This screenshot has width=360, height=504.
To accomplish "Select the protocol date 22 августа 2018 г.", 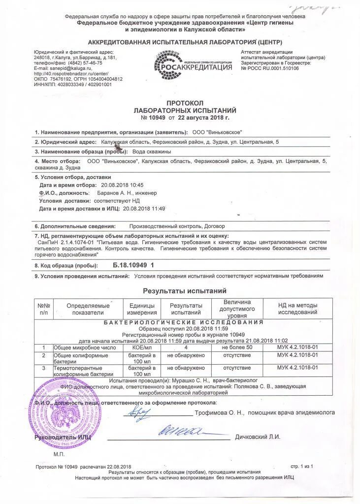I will [203, 118].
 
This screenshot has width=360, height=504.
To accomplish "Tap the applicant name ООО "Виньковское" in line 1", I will [217, 132].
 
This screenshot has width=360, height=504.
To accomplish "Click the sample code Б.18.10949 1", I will [133, 265].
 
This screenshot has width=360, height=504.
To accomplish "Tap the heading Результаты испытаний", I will [184, 291].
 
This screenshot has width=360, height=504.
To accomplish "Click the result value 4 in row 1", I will [186, 347].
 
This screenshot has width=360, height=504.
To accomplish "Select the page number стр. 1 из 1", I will [301, 466].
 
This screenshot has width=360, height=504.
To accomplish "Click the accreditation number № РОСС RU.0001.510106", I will [270, 68].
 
